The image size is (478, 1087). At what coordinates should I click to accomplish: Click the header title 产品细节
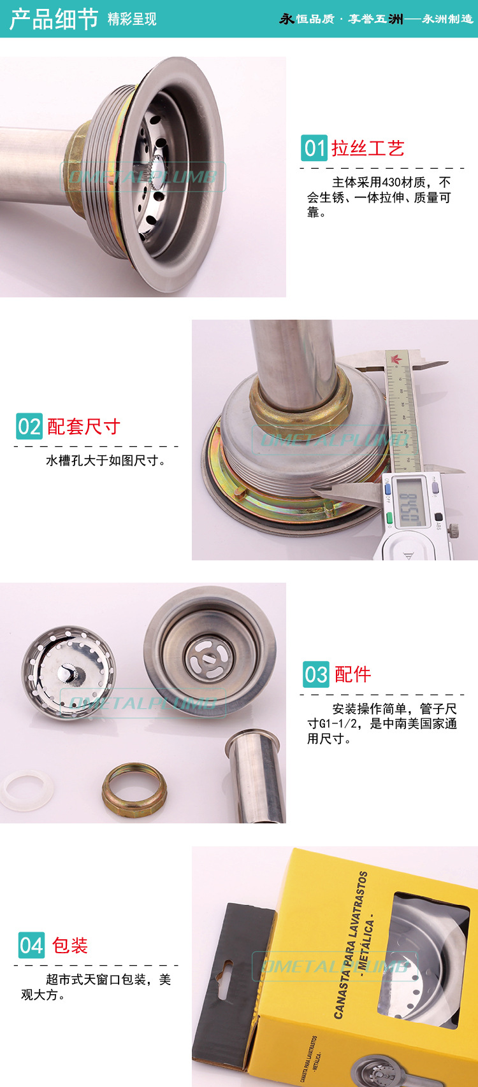(x=54, y=18)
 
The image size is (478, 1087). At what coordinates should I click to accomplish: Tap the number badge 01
(x=314, y=148)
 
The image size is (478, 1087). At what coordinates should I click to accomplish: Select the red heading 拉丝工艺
(x=368, y=148)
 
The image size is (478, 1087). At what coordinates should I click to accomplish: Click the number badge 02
(x=29, y=426)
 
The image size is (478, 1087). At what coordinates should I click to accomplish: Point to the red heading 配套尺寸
(x=83, y=426)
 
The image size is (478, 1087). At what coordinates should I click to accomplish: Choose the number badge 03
(x=315, y=674)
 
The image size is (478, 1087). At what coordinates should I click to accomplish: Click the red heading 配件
(x=352, y=674)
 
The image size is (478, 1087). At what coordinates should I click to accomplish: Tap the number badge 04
(x=31, y=946)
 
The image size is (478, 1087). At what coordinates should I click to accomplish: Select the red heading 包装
(x=70, y=946)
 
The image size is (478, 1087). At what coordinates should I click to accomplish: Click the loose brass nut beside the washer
(x=134, y=792)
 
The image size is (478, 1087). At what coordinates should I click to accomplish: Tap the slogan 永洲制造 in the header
(x=447, y=19)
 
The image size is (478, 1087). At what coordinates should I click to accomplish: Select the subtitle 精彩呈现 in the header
(x=132, y=20)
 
